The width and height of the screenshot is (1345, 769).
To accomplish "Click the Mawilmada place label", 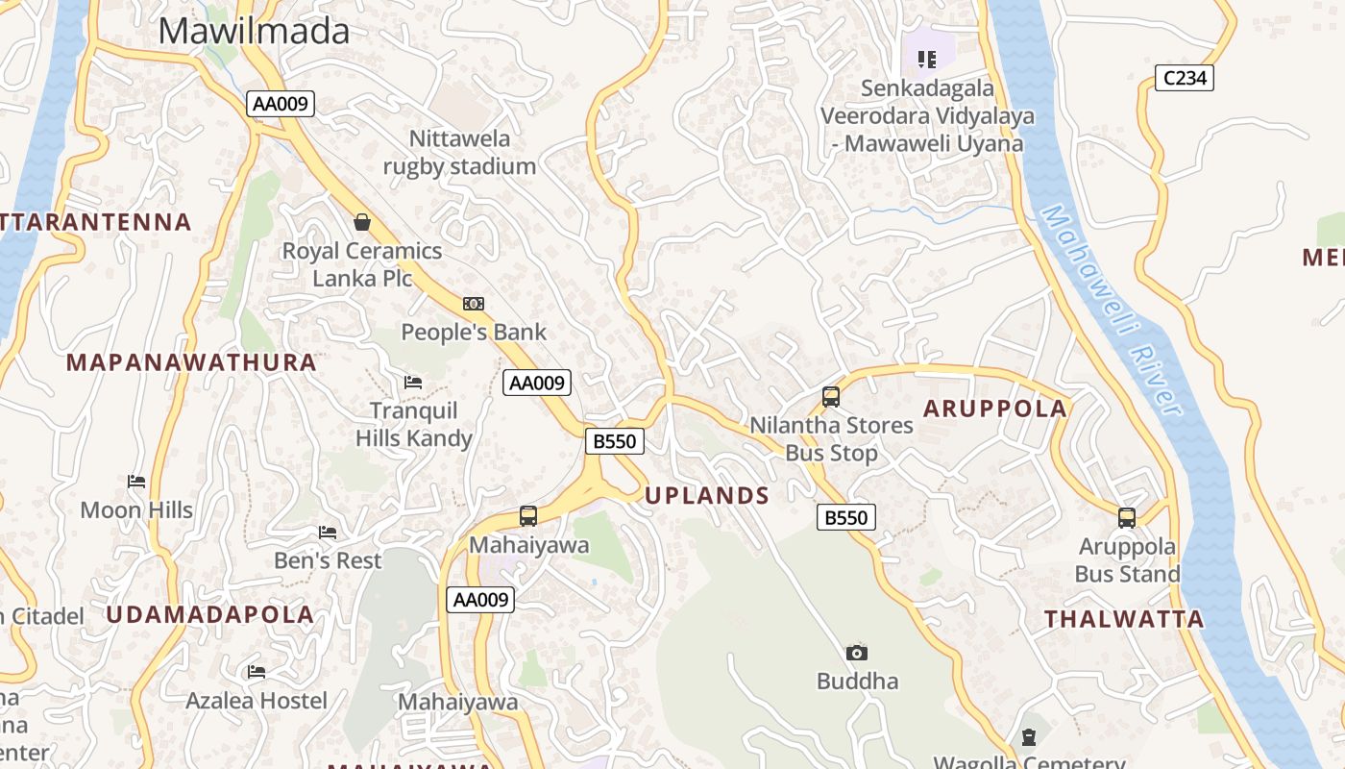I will coord(254,32).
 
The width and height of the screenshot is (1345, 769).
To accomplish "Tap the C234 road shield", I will coord(1184,78).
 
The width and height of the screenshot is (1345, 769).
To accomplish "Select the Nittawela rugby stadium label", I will coord(459,152).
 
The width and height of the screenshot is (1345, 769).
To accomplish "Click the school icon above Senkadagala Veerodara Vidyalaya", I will coord(926,60).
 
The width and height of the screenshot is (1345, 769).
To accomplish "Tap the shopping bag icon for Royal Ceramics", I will coord(362,222).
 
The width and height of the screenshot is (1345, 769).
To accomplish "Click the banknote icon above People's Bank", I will coord(473,304).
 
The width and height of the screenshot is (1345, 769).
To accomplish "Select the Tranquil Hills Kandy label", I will coord(414,424).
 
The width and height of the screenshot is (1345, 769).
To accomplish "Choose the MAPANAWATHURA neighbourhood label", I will coord(191,362).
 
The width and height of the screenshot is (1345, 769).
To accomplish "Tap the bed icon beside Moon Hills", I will coord(136,481).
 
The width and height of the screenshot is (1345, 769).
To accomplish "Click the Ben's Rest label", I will coord(328,559).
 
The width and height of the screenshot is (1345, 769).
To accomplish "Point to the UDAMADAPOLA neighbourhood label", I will coord(209,614).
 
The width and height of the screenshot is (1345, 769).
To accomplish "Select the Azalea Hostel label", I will coord(257,700).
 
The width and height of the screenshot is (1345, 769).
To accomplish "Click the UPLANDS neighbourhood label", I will coord(707,496).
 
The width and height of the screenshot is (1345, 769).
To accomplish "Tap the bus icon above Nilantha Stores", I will coord(831,396).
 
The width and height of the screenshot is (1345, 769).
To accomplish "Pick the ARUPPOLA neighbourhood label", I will coord(995,409).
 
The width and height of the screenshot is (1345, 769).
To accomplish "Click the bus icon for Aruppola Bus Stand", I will coord(1127,518).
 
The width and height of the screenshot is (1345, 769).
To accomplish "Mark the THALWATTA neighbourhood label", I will coord(1124,619).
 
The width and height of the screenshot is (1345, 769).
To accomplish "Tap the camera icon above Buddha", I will coord(857,653).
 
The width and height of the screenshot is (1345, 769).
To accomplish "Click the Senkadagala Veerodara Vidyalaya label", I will coord(927,116).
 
